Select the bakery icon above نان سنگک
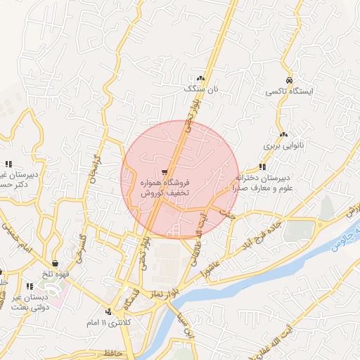(x=201, y=78)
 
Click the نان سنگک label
(x=198, y=89)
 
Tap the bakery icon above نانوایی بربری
(x=283, y=134)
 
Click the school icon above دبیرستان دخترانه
(x=262, y=167)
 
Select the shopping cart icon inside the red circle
(x=165, y=171)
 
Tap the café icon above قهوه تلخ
(x=55, y=264)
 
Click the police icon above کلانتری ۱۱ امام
(x=108, y=311)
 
